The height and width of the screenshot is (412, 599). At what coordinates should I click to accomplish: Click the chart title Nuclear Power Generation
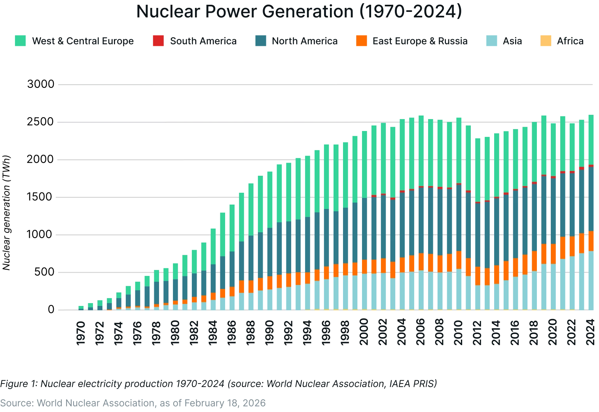click(x=299, y=12)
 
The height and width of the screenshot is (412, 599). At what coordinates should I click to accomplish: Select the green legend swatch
click(x=20, y=41)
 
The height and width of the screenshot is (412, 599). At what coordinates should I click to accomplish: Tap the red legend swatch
click(x=158, y=41)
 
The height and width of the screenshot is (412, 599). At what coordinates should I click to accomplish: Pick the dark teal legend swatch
click(x=261, y=41)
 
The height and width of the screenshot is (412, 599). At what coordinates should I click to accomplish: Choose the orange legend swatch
click(x=361, y=41)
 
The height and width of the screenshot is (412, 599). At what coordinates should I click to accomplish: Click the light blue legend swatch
click(x=491, y=41)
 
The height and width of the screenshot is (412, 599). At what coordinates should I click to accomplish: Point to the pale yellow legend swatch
click(x=546, y=41)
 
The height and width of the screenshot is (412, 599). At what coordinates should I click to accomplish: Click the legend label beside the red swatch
click(x=202, y=41)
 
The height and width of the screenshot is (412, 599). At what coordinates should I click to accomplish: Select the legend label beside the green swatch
click(x=83, y=41)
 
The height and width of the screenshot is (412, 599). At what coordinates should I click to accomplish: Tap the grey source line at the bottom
click(x=133, y=404)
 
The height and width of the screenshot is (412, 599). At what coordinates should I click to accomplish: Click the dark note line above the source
click(x=218, y=384)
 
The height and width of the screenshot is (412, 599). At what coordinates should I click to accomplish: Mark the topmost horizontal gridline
click(x=326, y=84)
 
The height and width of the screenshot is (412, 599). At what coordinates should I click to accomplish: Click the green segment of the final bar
click(x=590, y=139)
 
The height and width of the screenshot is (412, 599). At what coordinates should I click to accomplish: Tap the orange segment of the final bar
click(x=590, y=241)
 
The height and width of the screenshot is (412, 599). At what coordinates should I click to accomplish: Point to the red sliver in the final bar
click(x=590, y=165)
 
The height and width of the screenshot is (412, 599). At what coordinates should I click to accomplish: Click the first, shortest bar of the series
click(x=81, y=308)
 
